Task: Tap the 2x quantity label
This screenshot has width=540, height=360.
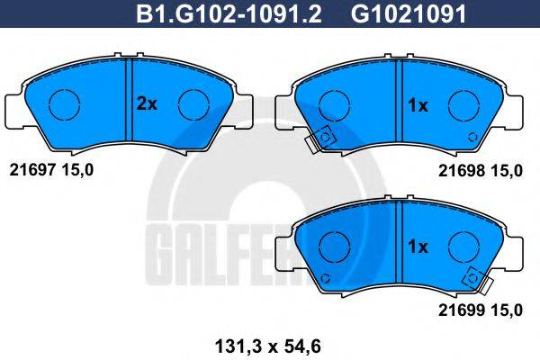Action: tap(146, 104)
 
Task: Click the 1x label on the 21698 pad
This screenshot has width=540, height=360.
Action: tap(417, 104)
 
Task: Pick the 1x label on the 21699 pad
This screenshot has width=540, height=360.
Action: tap(417, 245)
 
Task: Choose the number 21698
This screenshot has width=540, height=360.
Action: tap(456, 167)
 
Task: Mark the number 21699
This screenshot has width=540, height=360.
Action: tap(456, 309)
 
